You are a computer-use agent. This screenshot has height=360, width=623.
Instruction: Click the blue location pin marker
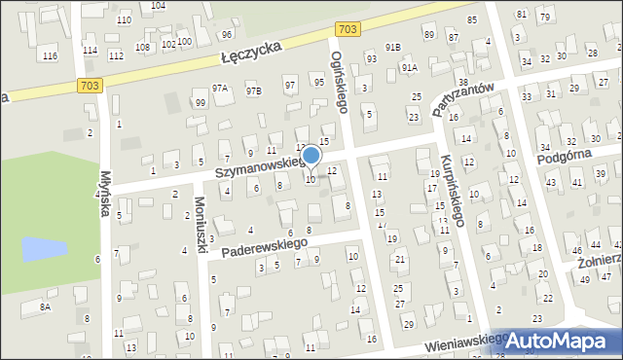coord(311,156)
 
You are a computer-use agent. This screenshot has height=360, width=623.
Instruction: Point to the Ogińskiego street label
coord(338,83)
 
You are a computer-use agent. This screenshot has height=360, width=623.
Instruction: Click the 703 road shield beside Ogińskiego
coord(351,31)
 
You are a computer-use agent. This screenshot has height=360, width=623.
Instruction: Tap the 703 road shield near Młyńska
coord(89,87)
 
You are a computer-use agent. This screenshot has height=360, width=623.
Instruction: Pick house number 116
coord(50,56)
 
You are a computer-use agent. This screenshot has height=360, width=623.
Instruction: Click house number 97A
coord(221,89)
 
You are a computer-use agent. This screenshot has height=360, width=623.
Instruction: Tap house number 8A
coord(45,306)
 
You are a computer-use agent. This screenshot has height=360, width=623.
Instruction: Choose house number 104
coord(158,6)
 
